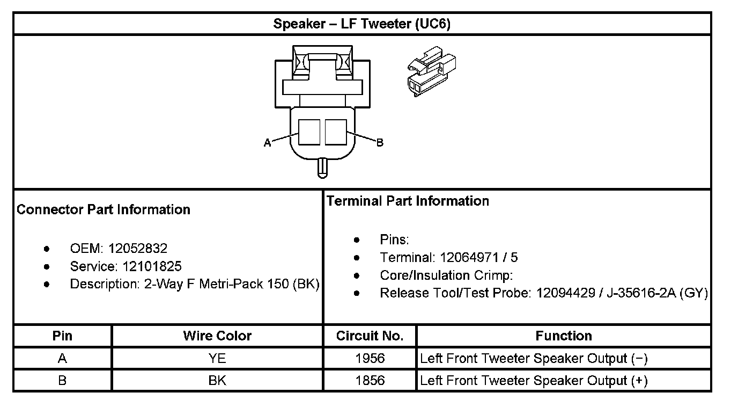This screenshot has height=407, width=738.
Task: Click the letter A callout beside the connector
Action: [x=267, y=143]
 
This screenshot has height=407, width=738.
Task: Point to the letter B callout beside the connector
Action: [x=380, y=143]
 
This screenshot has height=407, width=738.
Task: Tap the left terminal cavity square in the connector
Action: [x=309, y=132]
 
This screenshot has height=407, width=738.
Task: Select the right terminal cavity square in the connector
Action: [x=336, y=132]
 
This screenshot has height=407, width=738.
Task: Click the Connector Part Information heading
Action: [x=104, y=209]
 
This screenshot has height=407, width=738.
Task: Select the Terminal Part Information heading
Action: [x=408, y=201]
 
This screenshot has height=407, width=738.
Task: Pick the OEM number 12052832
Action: [x=138, y=249]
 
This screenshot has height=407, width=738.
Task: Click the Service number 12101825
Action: [x=152, y=266]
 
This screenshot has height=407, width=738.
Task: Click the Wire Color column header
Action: [x=217, y=336]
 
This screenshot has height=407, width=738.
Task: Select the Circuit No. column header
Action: [x=370, y=336]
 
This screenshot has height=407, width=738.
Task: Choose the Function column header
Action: [x=564, y=336]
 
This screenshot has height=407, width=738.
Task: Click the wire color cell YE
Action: [x=217, y=359]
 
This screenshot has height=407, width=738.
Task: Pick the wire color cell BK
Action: [x=217, y=381]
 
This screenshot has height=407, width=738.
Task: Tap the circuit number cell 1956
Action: [x=370, y=359]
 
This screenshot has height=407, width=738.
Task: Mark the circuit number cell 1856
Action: [x=370, y=381]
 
